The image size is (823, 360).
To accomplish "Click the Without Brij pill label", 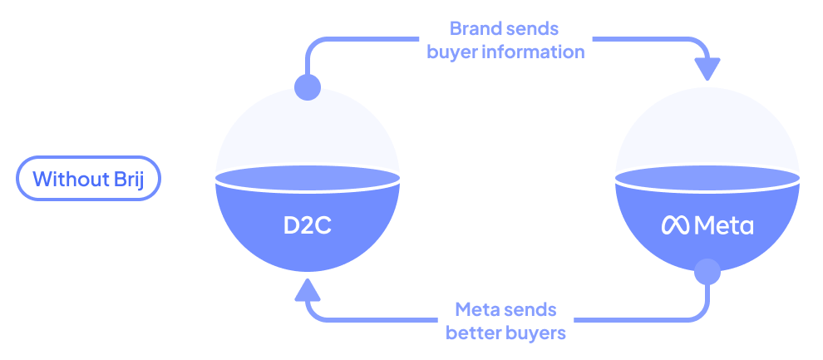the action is (87, 178).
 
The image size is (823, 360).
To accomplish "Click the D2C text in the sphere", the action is (307, 225).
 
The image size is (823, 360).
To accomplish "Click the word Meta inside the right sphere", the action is (723, 225).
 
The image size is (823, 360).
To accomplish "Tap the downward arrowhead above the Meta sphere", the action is (707, 68).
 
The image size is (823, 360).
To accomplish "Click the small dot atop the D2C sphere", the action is (308, 87).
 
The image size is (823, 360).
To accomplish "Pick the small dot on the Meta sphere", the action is (707, 271).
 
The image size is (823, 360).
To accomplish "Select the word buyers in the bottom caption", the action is (536, 333).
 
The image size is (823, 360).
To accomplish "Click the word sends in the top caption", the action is (534, 29).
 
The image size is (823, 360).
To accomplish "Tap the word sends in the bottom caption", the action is (532, 310).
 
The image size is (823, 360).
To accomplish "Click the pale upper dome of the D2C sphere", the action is (308, 133).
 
